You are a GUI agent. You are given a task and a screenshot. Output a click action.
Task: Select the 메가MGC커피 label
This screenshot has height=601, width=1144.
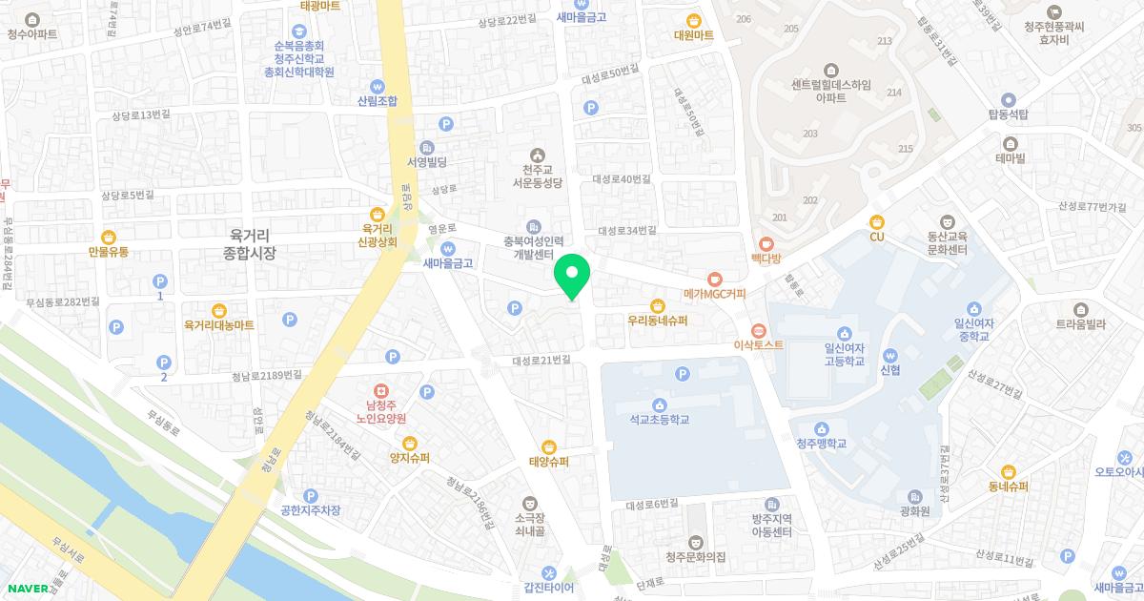point(714,294)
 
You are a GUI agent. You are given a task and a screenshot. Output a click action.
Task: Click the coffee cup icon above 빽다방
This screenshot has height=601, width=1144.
point(766,242)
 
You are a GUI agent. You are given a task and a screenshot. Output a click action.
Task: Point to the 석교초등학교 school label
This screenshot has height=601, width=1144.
point(659,419)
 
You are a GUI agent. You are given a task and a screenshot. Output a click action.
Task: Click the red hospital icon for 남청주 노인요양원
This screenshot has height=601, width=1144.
point(380,391)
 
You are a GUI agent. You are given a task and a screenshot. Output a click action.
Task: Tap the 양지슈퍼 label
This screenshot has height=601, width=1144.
point(410,458)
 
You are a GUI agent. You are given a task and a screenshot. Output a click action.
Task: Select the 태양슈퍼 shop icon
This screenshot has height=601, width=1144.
point(549,446)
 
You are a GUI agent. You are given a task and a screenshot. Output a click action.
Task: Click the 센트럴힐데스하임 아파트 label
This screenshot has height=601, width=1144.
point(830,90)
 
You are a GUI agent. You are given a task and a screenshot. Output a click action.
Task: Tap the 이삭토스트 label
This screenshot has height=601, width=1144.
point(759,344)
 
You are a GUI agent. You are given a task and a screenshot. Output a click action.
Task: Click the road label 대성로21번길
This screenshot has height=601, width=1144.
point(541,360)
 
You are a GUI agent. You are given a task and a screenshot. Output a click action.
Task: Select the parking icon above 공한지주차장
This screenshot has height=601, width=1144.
point(310,495)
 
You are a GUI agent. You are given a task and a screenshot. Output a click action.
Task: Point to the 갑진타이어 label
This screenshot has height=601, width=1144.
point(548,588)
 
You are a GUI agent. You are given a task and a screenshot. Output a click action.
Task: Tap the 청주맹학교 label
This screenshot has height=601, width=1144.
point(822,444)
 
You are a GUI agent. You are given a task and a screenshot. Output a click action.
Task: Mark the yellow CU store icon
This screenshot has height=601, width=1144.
point(876,221)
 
